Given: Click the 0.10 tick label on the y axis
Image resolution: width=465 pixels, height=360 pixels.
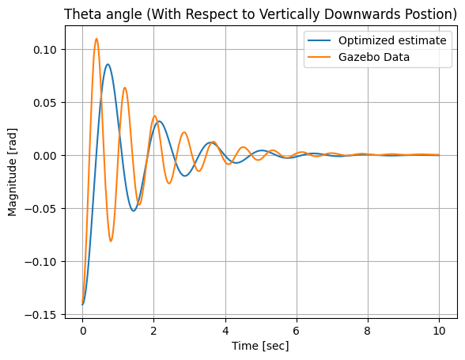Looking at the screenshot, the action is tap(44, 50).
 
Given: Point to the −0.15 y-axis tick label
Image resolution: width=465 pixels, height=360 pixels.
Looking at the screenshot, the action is tap(40, 315).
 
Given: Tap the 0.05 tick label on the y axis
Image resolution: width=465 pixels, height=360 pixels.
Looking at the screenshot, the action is tap(44, 103).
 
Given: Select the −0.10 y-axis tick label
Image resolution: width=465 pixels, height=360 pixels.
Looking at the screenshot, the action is tap(40, 262).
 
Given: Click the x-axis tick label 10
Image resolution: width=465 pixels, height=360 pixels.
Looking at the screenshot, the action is tap(439, 331).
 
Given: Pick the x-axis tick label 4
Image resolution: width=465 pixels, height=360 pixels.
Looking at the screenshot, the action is tap(225, 331).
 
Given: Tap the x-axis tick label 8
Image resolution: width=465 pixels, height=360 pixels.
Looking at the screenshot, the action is tap(368, 331).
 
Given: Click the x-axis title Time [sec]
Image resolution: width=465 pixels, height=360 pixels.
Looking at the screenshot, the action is tap(260, 346).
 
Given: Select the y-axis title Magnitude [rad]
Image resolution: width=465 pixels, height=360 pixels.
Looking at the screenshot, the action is tap(13, 172).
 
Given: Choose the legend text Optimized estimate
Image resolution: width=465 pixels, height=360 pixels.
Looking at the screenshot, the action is tap(392, 40).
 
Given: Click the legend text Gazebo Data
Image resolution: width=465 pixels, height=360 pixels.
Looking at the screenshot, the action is tap(374, 57).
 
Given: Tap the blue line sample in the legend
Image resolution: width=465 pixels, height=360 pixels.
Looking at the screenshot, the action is tap(319, 40).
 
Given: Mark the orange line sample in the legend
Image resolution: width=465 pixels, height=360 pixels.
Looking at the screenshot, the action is tap(319, 57).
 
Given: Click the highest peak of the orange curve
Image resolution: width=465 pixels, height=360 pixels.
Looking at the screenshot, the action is tap(96, 39).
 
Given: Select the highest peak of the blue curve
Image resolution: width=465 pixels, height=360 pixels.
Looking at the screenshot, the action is tap(108, 64).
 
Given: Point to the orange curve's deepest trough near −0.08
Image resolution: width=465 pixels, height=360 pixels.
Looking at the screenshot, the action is tap(111, 241).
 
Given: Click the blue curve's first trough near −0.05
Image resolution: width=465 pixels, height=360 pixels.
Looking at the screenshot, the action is tap(134, 210).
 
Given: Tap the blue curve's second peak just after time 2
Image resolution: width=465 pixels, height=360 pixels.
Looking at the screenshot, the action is tap(159, 121).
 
